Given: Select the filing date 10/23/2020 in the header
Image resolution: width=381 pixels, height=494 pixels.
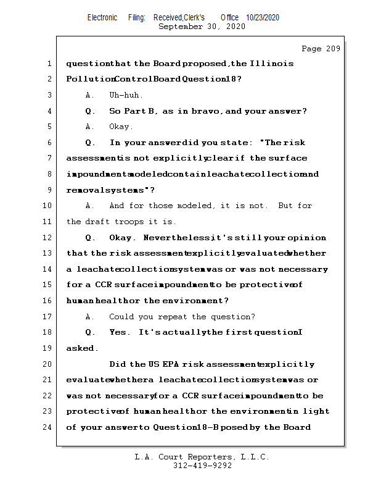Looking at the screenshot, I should (263, 18).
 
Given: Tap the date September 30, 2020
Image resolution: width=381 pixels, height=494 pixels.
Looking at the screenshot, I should (202, 27).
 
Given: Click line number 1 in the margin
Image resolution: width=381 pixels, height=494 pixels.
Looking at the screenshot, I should (48, 64).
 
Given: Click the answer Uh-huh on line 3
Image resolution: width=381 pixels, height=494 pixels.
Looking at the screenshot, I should (126, 95).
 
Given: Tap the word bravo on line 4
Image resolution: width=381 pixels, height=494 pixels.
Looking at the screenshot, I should (205, 111).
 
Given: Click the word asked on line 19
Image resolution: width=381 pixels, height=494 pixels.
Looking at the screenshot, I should (81, 348).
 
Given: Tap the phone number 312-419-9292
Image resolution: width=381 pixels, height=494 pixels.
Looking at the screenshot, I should (202, 466).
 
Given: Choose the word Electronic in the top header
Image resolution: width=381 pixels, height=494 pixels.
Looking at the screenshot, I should (102, 18).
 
